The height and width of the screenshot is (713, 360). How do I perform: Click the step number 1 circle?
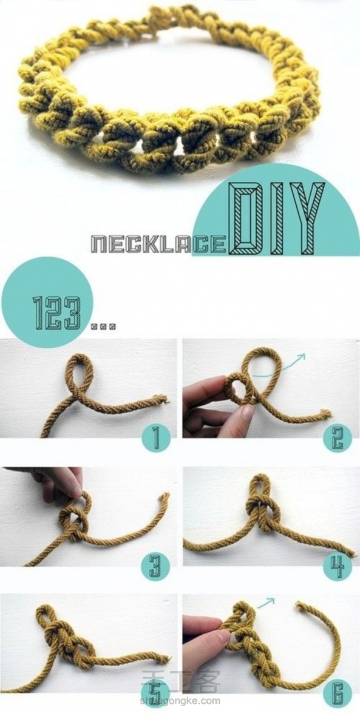point(155,438)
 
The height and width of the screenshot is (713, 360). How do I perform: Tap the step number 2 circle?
point(338,438)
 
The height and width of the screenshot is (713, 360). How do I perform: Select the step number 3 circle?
point(155,566)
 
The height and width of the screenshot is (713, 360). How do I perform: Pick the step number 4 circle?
point(338,566)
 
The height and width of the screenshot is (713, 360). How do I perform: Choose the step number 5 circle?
point(155,694)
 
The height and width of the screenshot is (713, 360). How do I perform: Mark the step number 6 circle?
point(338,694)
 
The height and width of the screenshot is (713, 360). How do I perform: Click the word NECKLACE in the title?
point(158,244)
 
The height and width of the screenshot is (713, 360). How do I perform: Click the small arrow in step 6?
point(267,603)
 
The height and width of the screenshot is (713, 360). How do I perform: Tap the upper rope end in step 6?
point(299,606)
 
